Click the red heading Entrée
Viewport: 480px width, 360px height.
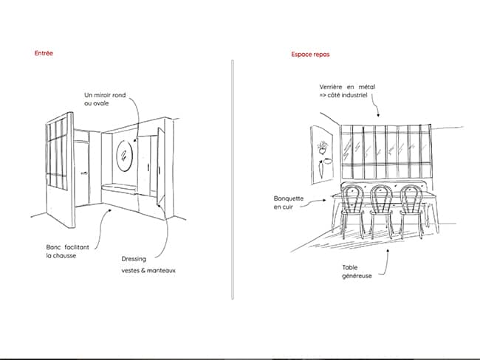coord(44,53)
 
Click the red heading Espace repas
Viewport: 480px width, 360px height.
coord(310,55)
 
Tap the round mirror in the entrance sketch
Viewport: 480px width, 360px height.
coord(125,156)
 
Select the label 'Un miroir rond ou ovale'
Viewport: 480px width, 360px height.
coord(105,99)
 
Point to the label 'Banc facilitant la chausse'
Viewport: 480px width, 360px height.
coord(68,252)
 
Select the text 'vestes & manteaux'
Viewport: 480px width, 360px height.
coord(148,271)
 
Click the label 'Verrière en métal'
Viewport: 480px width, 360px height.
coord(347,87)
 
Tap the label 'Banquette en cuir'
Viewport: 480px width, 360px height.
coord(289,202)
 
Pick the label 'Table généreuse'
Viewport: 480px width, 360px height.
coord(357,271)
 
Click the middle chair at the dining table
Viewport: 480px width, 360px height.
coord(382,212)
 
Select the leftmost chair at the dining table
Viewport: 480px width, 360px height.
coord(352,212)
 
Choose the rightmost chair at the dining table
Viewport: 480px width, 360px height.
coord(411,212)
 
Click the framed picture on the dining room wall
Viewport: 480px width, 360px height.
coord(322,155)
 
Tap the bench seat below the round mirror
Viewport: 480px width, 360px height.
coord(119,188)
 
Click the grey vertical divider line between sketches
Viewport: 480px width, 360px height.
coord(233,179)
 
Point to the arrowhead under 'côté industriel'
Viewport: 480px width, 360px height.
coord(378,115)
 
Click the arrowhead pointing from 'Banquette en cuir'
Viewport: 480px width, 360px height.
coord(324,201)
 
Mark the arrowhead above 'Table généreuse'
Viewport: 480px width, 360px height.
coord(388,251)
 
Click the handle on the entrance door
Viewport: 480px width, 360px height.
coord(84,173)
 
